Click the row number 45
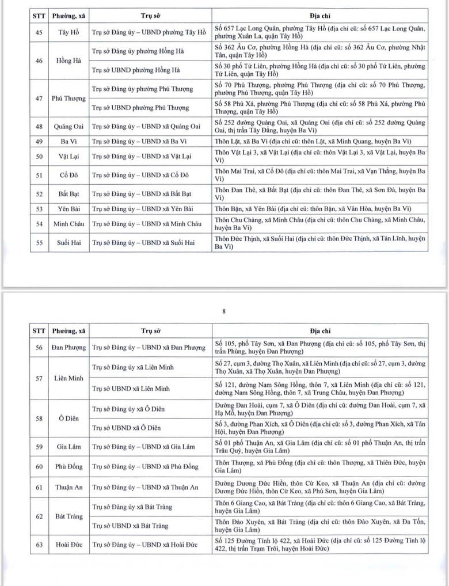coord(39,32)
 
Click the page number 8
coord(224,311)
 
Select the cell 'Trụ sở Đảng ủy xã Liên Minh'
coord(133,367)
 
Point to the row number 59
coord(39,446)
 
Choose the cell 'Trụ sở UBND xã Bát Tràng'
coord(131,526)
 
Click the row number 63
coord(39,545)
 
